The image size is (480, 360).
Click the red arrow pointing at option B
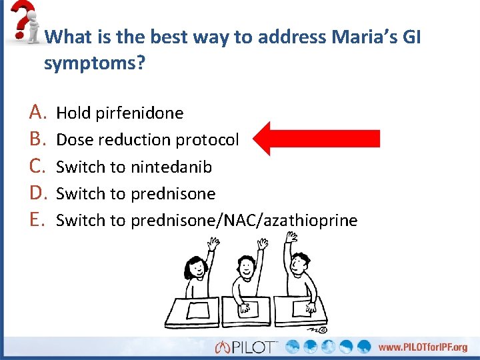[317, 139]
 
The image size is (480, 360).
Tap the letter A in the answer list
[37, 113]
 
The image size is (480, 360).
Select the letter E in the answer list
[37, 220]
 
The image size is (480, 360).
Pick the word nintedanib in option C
[171, 167]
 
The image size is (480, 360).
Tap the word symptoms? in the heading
[95, 64]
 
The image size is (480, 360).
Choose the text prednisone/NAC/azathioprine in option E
[244, 221]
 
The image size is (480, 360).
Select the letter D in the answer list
[38, 193]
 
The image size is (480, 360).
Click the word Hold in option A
[73, 113]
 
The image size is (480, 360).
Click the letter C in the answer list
[37, 167]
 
